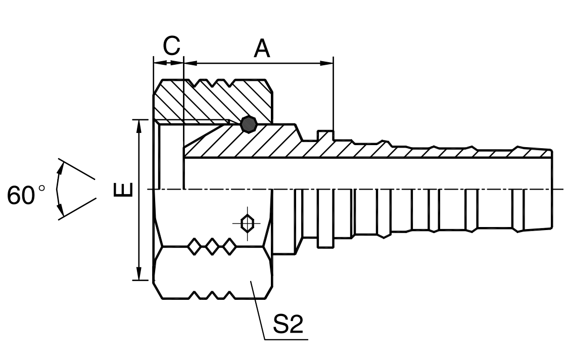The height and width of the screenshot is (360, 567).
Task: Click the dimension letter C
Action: [x=171, y=46]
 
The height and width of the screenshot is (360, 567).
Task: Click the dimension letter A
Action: [x=262, y=49]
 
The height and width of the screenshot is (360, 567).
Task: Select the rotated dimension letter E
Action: [x=124, y=189]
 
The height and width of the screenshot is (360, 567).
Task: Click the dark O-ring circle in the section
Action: [x=249, y=124]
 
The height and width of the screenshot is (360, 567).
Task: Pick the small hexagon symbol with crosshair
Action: [x=247, y=223]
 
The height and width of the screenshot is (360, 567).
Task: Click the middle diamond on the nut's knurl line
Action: [x=212, y=247]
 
